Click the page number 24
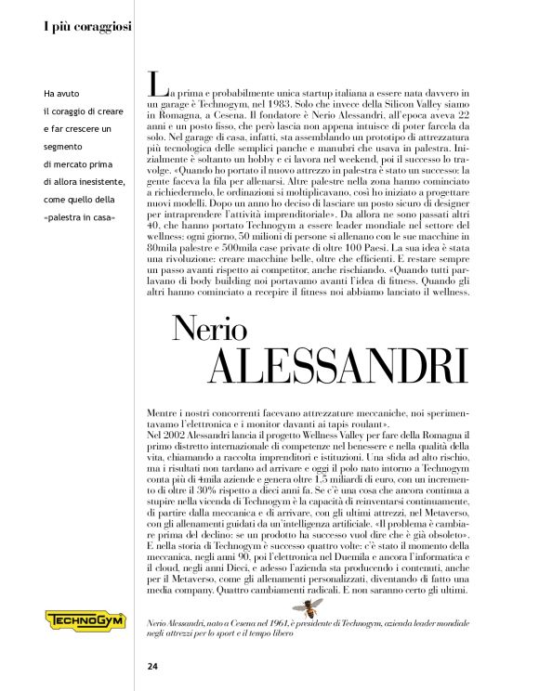click(152, 666)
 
